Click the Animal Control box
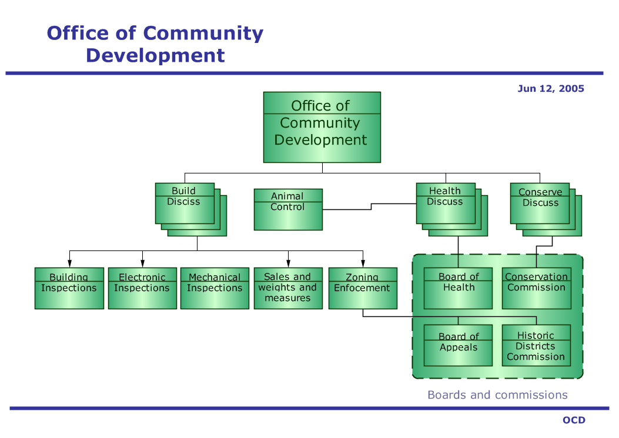pyautogui.click(x=288, y=209)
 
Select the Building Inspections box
pyautogui.click(x=69, y=288)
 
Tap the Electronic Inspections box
pyautogui.click(x=142, y=288)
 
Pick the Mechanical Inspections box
pyautogui.click(x=215, y=288)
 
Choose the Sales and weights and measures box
pyautogui.click(x=288, y=288)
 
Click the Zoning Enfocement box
pyautogui.click(x=363, y=288)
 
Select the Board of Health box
pyautogui.click(x=458, y=288)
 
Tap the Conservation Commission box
pyautogui.click(x=537, y=288)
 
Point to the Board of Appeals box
pyautogui.click(x=458, y=345)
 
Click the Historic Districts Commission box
pyautogui.click(x=537, y=345)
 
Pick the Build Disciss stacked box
pyautogui.click(x=191, y=210)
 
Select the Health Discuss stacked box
pyautogui.click(x=452, y=210)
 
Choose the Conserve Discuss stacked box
pyautogui.click(x=546, y=210)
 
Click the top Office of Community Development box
pyautogui.click(x=322, y=127)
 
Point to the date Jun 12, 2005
pyautogui.click(x=551, y=88)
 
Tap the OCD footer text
pyautogui.click(x=574, y=420)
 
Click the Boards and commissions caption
pyautogui.click(x=497, y=395)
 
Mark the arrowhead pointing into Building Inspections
pyautogui.click(x=69, y=264)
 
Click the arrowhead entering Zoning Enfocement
pyautogui.click(x=363, y=264)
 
